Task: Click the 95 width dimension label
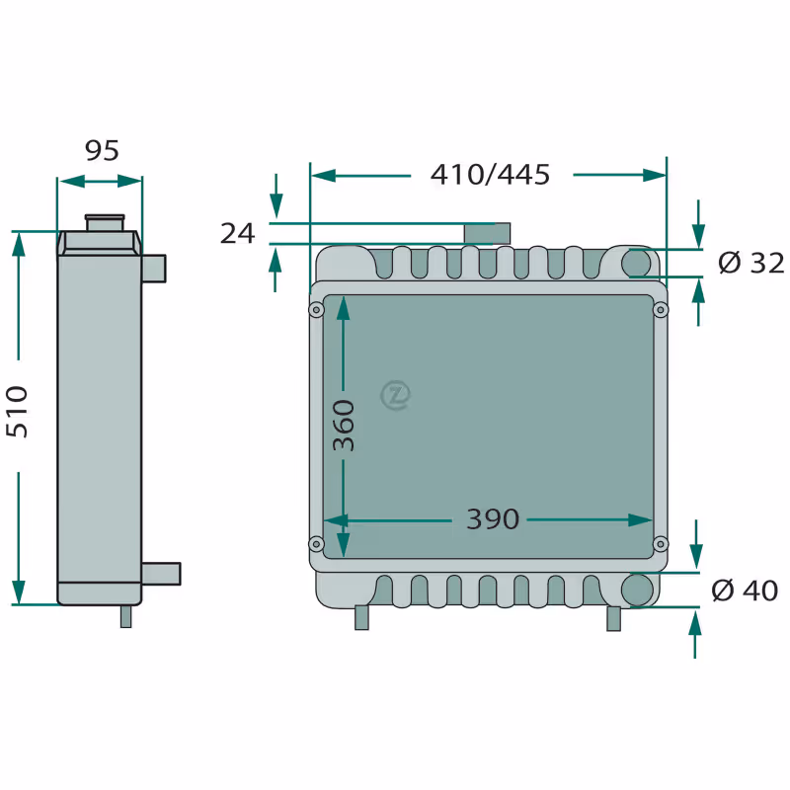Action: [x=102, y=151]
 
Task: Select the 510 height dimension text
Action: [x=17, y=412]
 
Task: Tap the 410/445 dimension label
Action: [x=490, y=175]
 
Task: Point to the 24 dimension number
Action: [x=237, y=233]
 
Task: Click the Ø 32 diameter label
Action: [x=751, y=263]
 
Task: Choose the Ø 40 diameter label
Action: [x=745, y=590]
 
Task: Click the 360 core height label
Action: [x=344, y=426]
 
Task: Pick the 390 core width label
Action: [x=492, y=519]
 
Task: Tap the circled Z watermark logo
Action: [x=396, y=395]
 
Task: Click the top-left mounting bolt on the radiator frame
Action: [x=316, y=309]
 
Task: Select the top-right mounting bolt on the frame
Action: [x=661, y=309]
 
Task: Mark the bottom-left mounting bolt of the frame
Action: [x=316, y=544]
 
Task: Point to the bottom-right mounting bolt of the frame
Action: [x=661, y=544]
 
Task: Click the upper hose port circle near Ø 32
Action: [x=636, y=263]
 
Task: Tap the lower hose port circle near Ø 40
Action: [x=637, y=590]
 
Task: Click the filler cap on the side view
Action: [x=105, y=223]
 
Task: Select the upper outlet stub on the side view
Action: [x=154, y=269]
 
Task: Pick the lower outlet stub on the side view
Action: [x=161, y=574]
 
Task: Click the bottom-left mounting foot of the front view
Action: [x=361, y=617]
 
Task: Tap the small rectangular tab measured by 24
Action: [x=487, y=233]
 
